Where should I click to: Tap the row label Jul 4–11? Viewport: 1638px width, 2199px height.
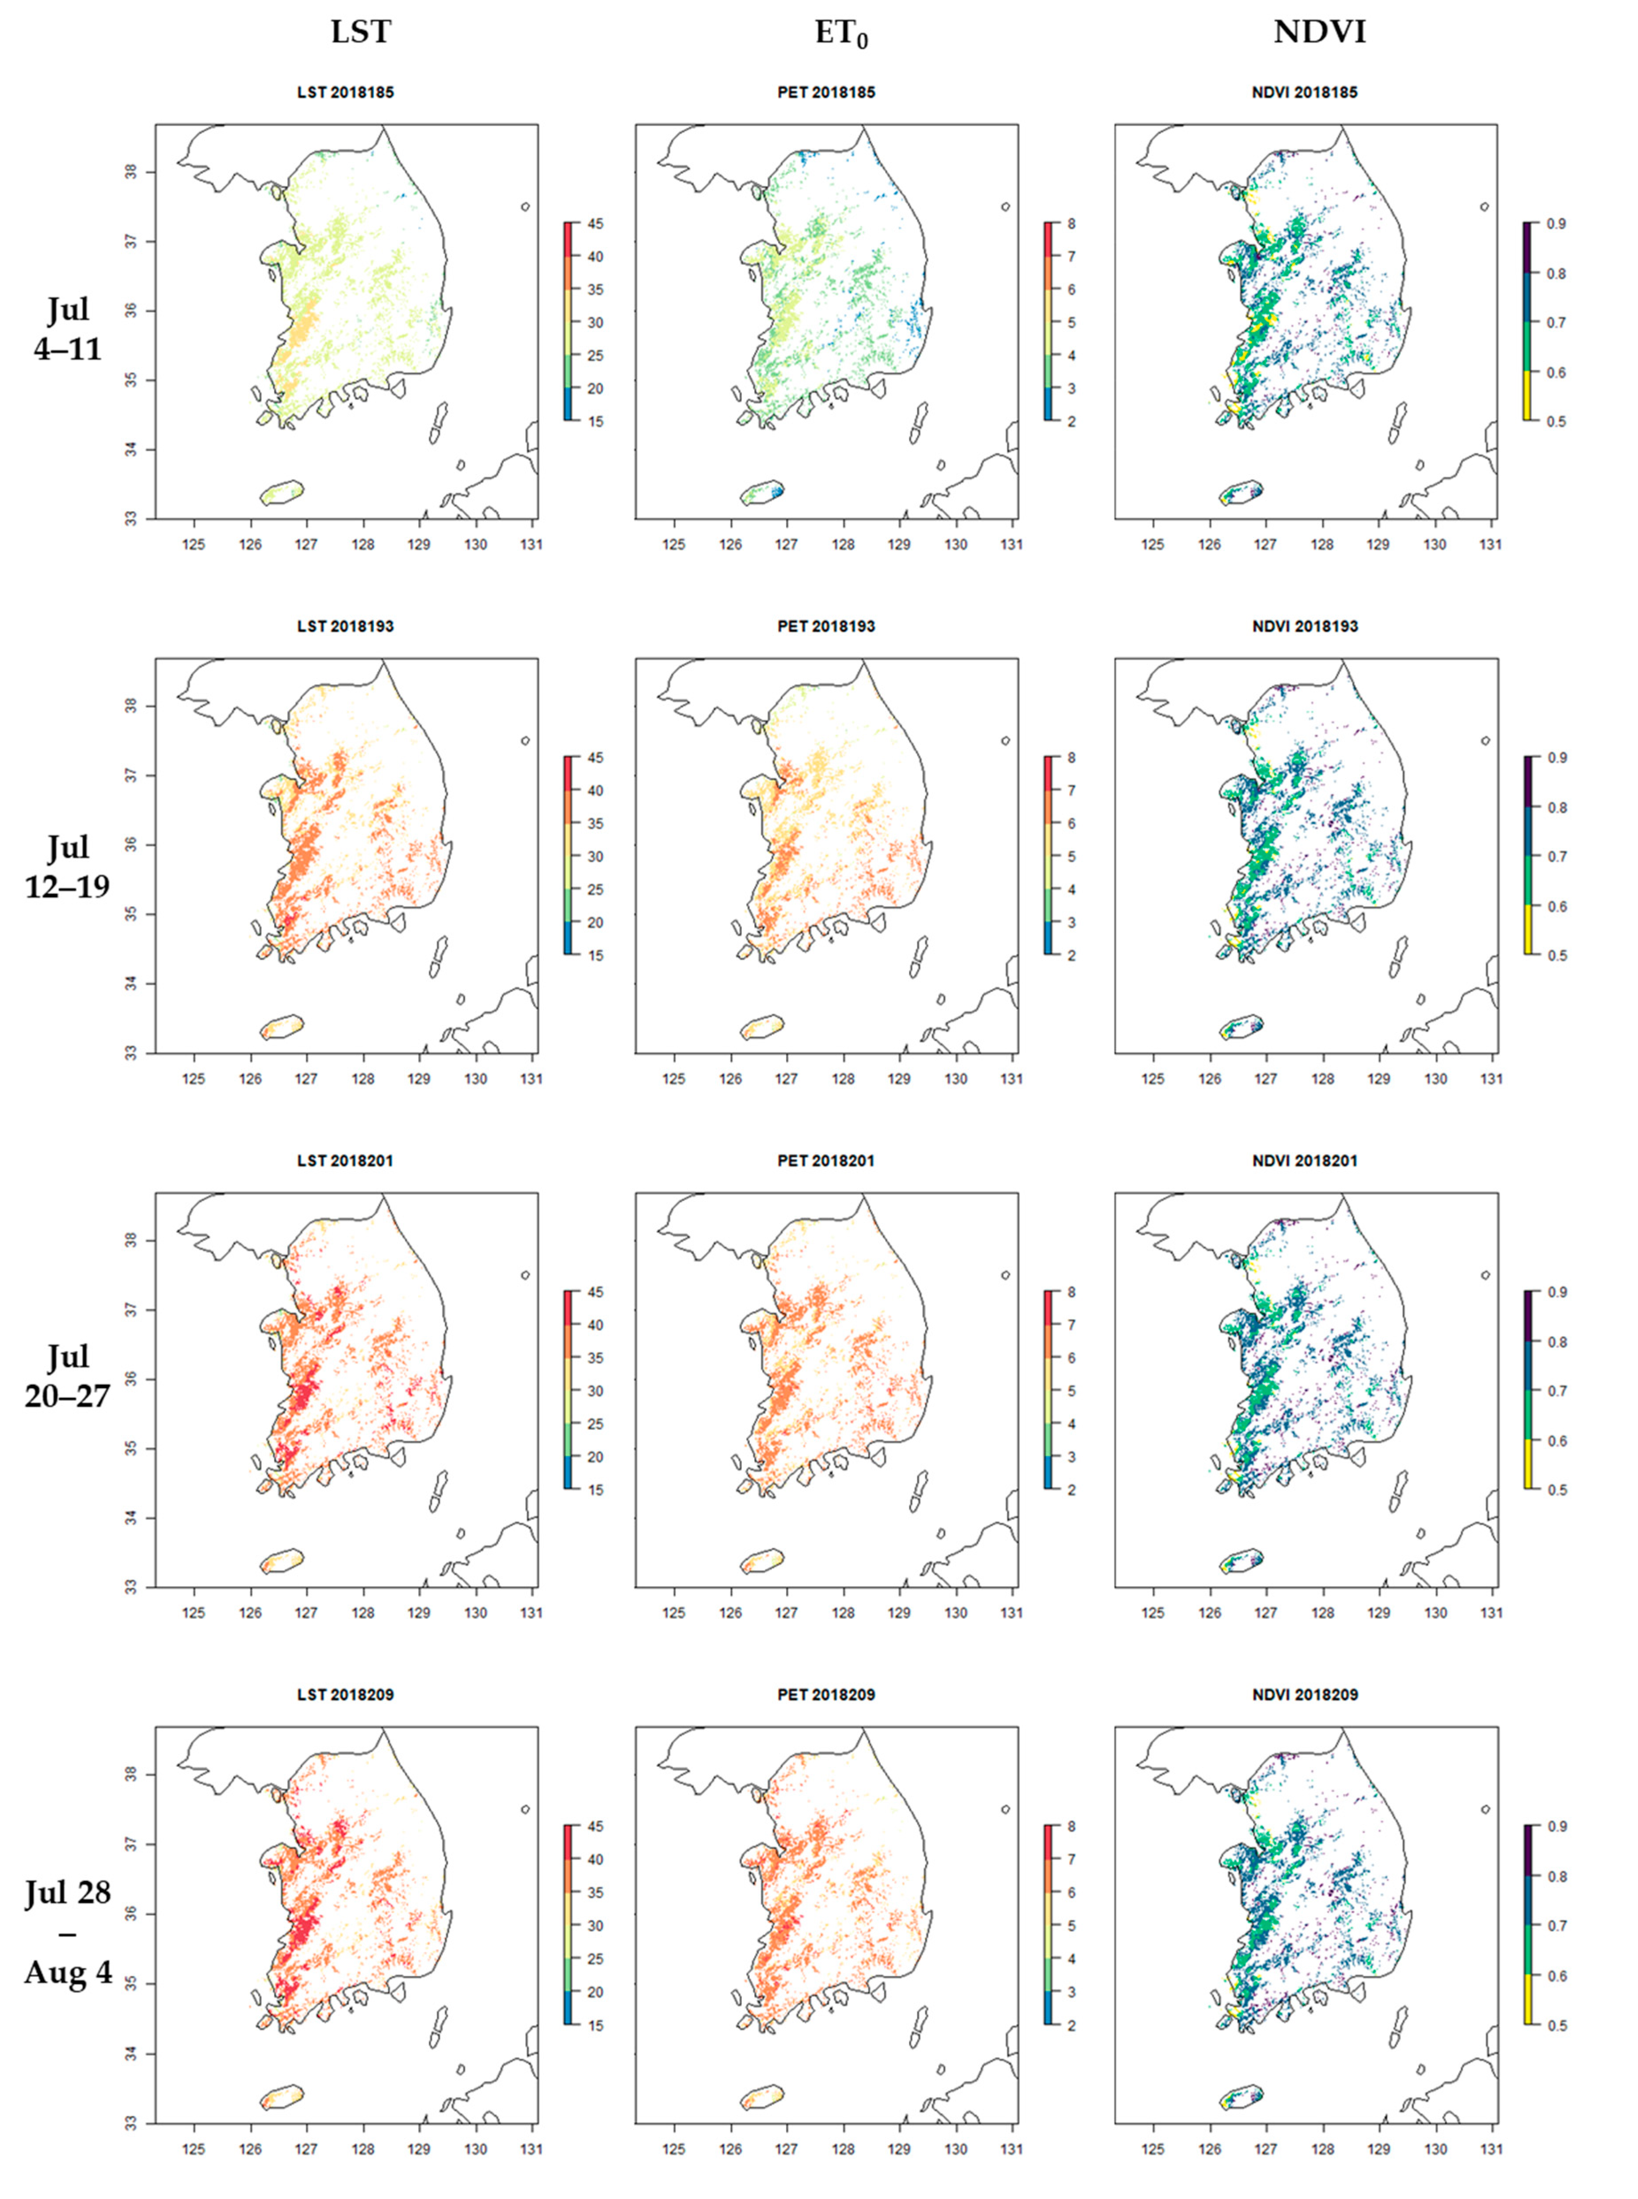(68, 328)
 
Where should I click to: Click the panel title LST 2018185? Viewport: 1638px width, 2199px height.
(345, 92)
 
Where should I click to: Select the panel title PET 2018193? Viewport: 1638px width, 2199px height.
(826, 627)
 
